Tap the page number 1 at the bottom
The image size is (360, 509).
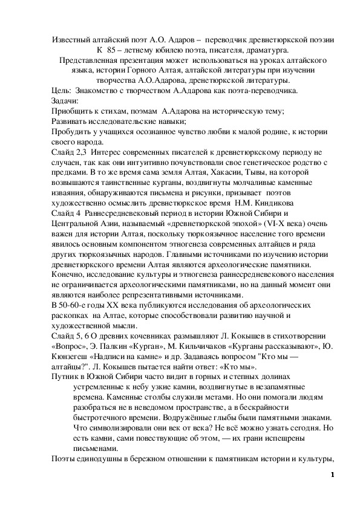[x=332, y=475]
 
